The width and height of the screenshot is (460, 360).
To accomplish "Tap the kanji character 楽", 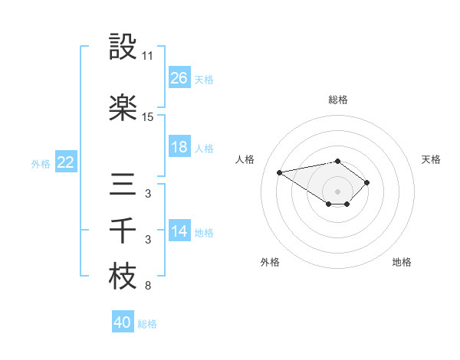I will click(123, 107).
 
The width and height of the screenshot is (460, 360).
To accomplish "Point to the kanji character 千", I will click(123, 231).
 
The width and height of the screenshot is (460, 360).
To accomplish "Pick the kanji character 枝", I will click(123, 277).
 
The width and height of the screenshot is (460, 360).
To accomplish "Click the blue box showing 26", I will click(179, 78).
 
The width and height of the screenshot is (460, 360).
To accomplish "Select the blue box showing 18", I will click(179, 147).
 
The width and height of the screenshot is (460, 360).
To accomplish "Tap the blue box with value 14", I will click(179, 231).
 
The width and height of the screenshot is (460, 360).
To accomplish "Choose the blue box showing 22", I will click(65, 162).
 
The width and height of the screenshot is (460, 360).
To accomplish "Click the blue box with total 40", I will click(123, 323).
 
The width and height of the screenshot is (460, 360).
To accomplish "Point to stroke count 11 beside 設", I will click(148, 56).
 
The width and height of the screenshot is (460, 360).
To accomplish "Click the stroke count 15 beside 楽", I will click(148, 117).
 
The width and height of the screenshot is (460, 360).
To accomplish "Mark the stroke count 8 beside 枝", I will click(148, 286).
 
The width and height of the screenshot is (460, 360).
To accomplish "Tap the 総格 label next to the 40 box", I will click(148, 324).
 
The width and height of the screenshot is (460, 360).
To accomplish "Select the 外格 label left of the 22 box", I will click(41, 163).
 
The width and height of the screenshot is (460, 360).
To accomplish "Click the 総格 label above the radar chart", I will click(337, 100).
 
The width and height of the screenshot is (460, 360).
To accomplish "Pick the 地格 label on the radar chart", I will click(402, 263).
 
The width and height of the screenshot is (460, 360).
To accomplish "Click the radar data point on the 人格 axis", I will click(280, 172).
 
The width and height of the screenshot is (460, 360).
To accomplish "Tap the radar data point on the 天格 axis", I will click(367, 182).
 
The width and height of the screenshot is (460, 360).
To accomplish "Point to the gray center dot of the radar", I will click(337, 191).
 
